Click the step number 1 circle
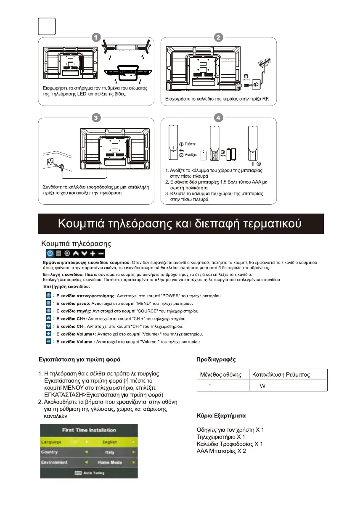[x=96, y=37]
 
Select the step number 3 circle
[x=96, y=118]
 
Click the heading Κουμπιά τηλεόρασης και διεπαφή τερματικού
[x=180, y=223]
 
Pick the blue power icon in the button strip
[x=50, y=253]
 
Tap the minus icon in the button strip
[x=101, y=253]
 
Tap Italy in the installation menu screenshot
[x=110, y=452]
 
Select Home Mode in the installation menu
[x=110, y=462]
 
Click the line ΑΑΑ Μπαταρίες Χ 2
[x=221, y=451]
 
